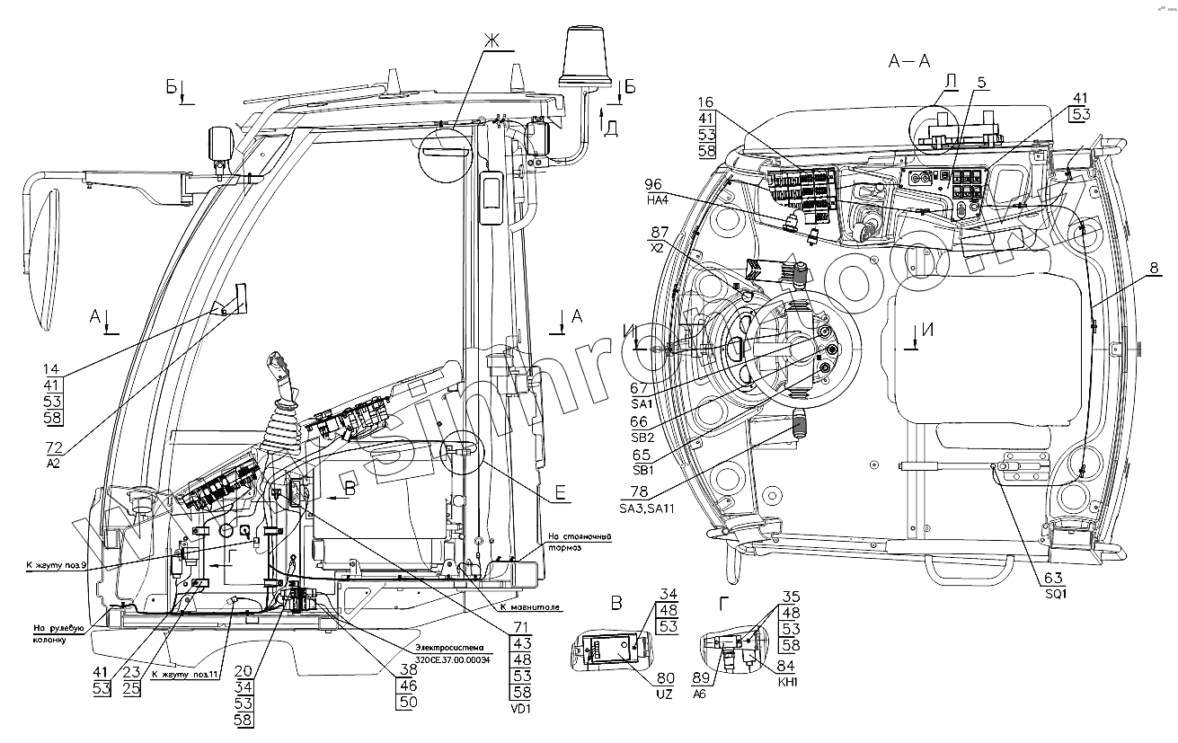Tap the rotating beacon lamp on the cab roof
tap(584, 56)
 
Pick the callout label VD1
tap(521, 709)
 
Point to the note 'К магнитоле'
tap(533, 607)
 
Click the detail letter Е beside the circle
tap(560, 491)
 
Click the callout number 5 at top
tap(981, 83)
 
